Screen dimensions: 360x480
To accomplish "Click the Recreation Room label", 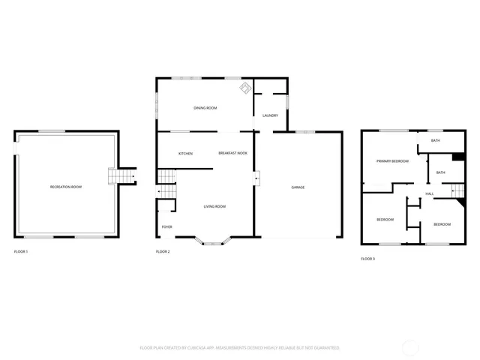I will click(x=65, y=186).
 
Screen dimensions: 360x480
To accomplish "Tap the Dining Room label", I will click(x=205, y=109).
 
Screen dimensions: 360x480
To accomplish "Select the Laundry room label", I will click(x=271, y=115).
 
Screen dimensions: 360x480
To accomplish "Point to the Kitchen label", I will click(x=185, y=154).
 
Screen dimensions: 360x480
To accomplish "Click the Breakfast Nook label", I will click(x=232, y=154).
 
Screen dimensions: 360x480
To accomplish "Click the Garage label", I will click(x=298, y=187).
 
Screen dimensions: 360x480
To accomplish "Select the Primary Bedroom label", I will click(x=392, y=161).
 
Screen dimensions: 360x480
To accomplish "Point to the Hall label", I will click(x=430, y=194).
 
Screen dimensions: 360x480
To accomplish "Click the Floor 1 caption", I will click(x=21, y=251).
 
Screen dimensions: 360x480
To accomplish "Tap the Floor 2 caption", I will click(x=163, y=251).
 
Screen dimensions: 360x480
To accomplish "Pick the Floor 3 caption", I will click(x=367, y=258).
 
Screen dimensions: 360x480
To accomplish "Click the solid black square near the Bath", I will click(x=457, y=157).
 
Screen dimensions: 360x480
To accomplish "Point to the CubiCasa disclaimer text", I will click(x=240, y=348).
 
